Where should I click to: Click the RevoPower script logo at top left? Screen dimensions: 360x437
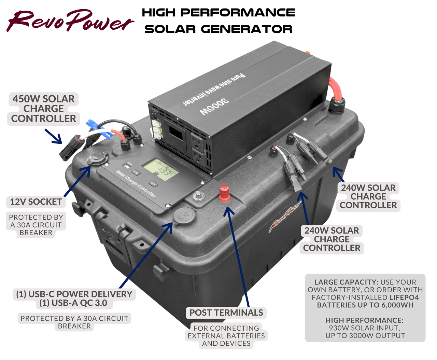(70, 21)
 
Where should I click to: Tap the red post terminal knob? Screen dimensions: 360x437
(224, 194)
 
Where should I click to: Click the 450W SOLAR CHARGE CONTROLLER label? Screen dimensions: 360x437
(44, 109)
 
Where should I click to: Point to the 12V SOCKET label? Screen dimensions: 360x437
(36, 202)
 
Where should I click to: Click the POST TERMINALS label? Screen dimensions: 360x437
(226, 313)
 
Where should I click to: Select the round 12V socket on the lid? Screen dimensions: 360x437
(97, 159)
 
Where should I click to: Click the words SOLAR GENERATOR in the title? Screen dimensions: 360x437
(218, 29)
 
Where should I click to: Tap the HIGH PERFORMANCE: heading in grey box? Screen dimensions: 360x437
(364, 320)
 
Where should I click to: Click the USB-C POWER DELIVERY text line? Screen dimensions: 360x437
(74, 294)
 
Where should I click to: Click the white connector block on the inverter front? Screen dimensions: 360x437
(157, 130)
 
